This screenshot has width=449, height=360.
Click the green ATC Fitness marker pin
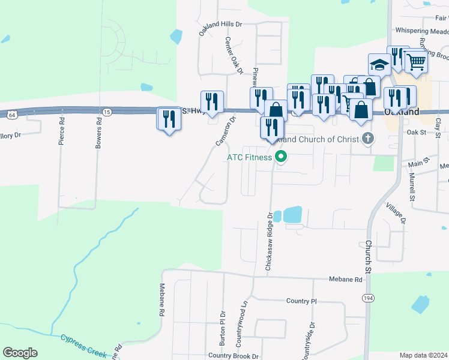tap(281, 158)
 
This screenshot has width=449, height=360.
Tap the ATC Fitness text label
tap(249, 158)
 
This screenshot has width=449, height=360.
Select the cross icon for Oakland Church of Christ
tap(369, 139)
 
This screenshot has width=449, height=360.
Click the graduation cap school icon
tap(379, 64)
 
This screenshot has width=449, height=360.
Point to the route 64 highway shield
tap(12, 114)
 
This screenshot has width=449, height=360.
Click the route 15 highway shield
tap(106, 112)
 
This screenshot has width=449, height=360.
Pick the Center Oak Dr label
tap(233, 56)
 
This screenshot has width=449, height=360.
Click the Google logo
tap(20, 353)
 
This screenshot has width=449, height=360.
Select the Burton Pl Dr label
tap(222, 326)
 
